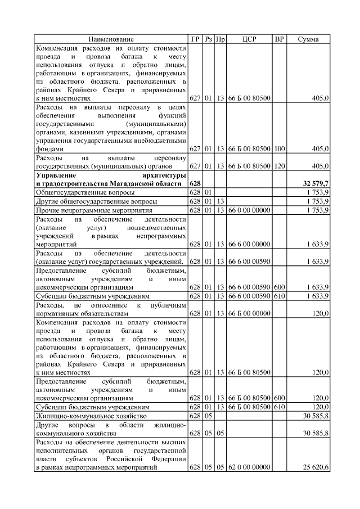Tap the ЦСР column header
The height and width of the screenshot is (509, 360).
pyautogui.click(x=249, y=39)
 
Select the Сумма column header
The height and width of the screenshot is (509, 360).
pyautogui.click(x=308, y=39)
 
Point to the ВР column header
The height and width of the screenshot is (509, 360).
pyautogui.click(x=279, y=39)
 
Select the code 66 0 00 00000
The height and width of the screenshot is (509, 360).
pyautogui.click(x=249, y=210)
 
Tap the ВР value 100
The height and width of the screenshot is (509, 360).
pyautogui.click(x=279, y=149)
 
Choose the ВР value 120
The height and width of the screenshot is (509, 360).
pyautogui.click(x=279, y=166)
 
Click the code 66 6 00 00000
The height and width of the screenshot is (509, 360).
pyautogui.click(x=249, y=244)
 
